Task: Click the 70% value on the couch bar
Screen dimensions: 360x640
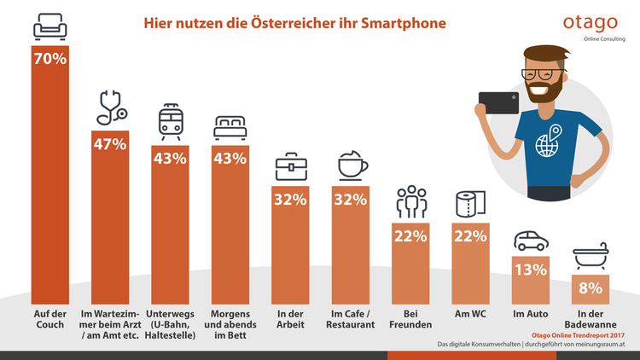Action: (49, 62)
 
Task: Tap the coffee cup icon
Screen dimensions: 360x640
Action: (350, 165)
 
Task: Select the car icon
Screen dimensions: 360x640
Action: (530, 239)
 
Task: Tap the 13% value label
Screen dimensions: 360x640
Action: (530, 270)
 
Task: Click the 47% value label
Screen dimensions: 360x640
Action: (109, 144)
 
